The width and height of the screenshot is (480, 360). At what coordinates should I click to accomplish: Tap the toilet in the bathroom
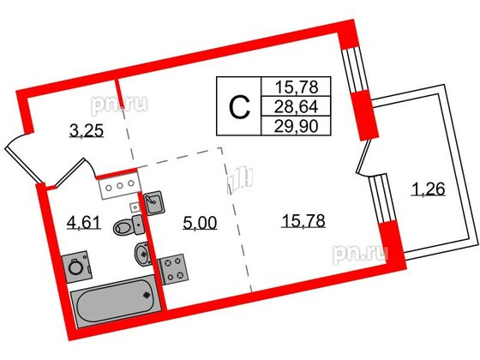click(x=126, y=227)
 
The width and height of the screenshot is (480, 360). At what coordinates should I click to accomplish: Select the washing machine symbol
click(x=77, y=266)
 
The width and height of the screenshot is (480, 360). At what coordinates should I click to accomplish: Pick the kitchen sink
click(x=153, y=203)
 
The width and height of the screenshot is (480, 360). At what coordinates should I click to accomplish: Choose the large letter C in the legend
click(x=241, y=107)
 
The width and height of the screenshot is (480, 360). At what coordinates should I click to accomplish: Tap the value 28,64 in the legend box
click(x=292, y=107)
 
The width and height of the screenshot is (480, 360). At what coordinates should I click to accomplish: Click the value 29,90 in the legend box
click(x=292, y=125)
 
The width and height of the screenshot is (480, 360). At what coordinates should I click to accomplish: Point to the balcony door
click(x=367, y=159)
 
